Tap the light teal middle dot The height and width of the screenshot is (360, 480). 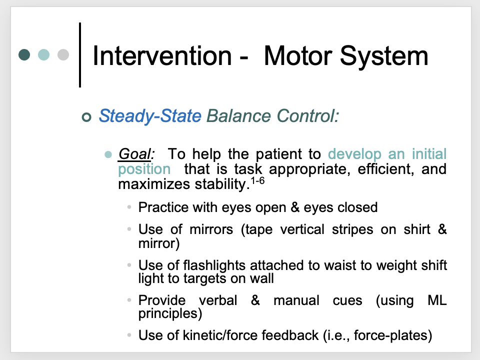[44, 54]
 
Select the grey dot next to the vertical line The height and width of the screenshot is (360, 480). [63, 54]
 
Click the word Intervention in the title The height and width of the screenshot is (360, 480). [162, 56]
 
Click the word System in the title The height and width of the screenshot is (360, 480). [389, 56]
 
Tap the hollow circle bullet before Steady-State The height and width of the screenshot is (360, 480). [87, 117]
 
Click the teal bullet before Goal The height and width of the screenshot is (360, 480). [107, 154]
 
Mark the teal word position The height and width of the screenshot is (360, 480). [144, 169]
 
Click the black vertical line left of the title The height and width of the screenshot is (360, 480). [80, 54]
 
